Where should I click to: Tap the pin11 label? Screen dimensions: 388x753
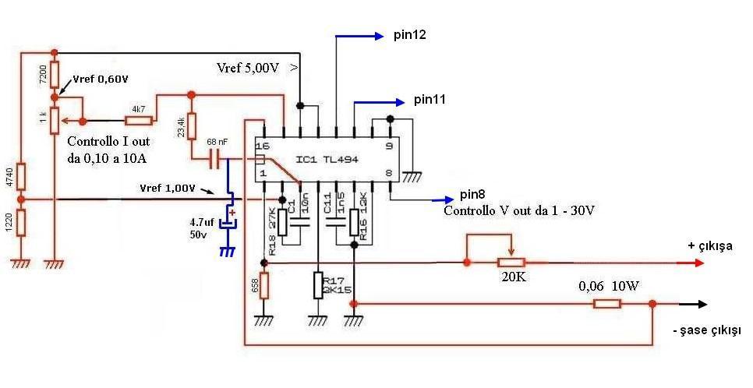[x=430, y=100]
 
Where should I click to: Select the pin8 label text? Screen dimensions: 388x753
[x=472, y=194]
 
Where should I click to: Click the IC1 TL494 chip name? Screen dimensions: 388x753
[x=327, y=159]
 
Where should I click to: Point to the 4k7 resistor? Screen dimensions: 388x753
[x=139, y=121]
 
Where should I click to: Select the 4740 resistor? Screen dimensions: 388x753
[x=22, y=177]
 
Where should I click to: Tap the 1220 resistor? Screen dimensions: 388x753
[x=22, y=223]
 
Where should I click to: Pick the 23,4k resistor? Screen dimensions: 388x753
[x=192, y=125]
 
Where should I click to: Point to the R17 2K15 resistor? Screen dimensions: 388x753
[x=318, y=285]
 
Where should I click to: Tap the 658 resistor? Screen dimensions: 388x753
[x=263, y=285]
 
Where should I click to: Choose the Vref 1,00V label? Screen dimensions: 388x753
[x=168, y=188]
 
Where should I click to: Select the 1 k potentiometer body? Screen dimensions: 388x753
[x=55, y=121]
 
